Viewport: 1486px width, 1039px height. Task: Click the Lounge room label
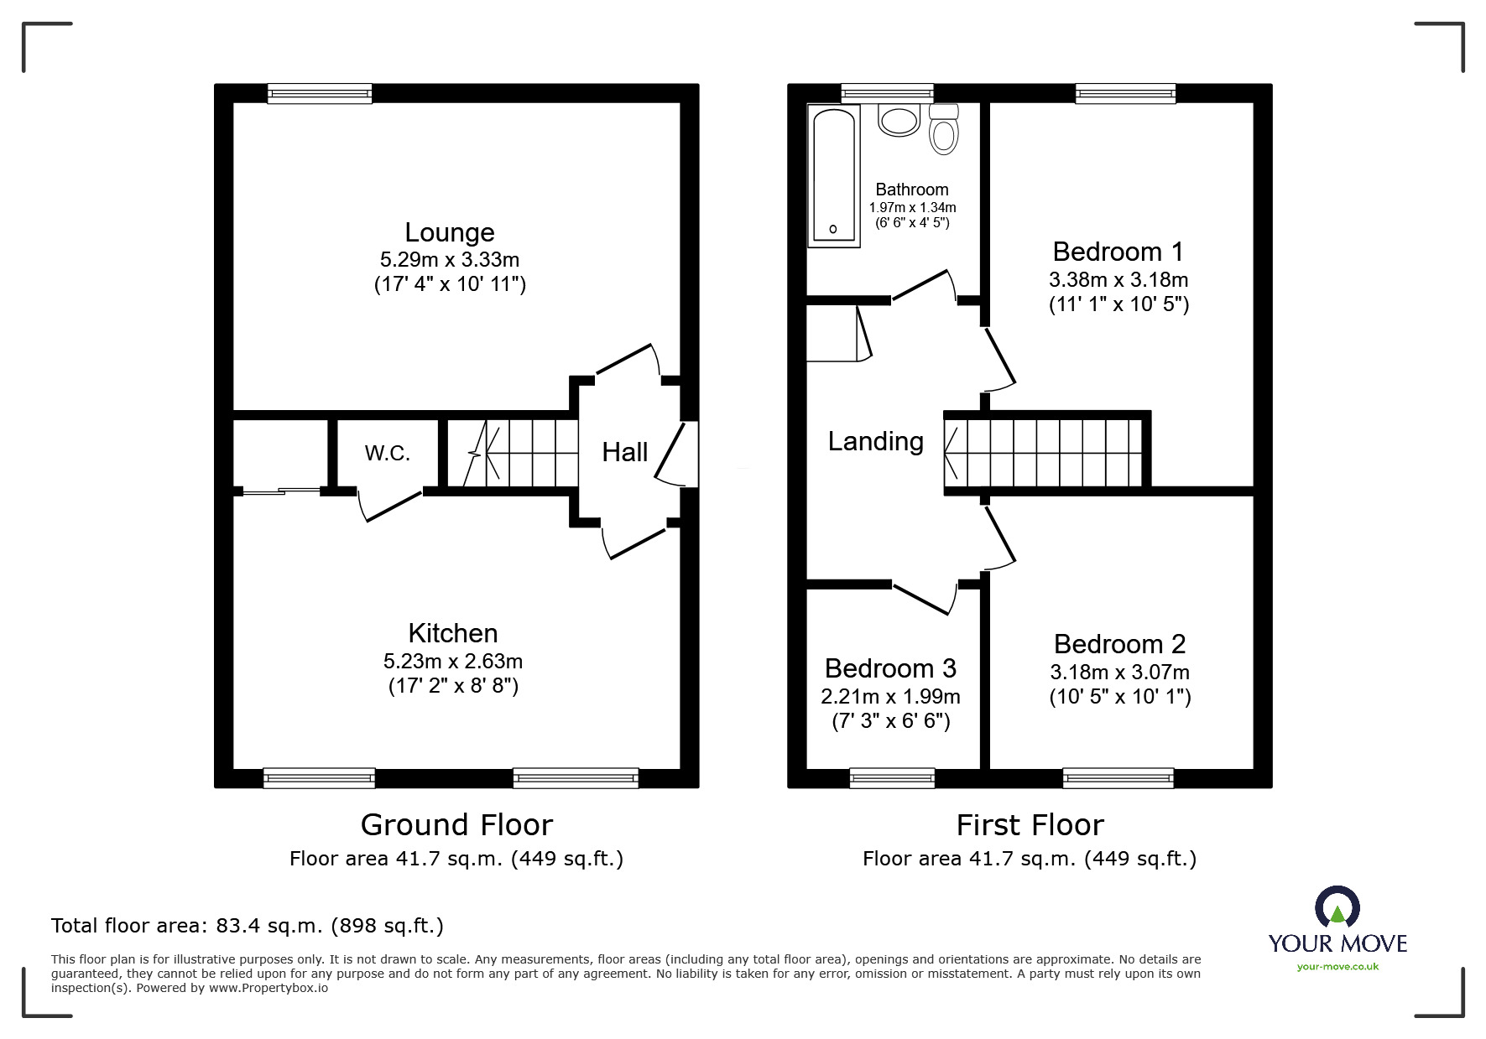(x=450, y=232)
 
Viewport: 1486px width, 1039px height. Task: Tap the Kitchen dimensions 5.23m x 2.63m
(x=453, y=662)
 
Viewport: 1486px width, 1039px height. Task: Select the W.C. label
(x=388, y=454)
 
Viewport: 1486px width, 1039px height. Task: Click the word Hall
(x=625, y=453)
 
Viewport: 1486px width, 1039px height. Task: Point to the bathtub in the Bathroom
(x=834, y=176)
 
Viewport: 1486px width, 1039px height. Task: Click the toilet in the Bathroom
(x=944, y=129)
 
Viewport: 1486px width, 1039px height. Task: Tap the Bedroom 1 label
(x=1118, y=252)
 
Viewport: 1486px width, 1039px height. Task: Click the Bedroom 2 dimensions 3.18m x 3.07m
(x=1120, y=673)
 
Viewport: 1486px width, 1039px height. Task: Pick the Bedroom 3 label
(x=890, y=668)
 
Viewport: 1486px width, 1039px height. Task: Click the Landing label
(x=876, y=442)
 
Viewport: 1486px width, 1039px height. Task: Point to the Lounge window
(x=320, y=93)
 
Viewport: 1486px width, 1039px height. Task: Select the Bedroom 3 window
(x=892, y=778)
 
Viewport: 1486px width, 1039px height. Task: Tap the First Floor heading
(x=1030, y=825)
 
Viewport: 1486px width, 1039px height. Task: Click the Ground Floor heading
(x=456, y=825)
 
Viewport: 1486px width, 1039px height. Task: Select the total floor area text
(x=248, y=926)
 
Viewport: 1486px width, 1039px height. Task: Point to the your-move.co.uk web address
(x=1337, y=967)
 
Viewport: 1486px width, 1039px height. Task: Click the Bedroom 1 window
(x=1125, y=93)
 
